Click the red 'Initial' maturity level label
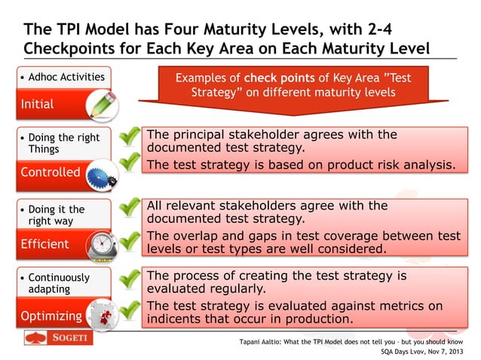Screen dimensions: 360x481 point(38,104)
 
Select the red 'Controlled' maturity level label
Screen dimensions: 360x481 point(50,172)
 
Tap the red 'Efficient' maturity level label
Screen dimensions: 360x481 point(44,243)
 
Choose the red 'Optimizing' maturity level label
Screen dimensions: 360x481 point(51,316)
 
